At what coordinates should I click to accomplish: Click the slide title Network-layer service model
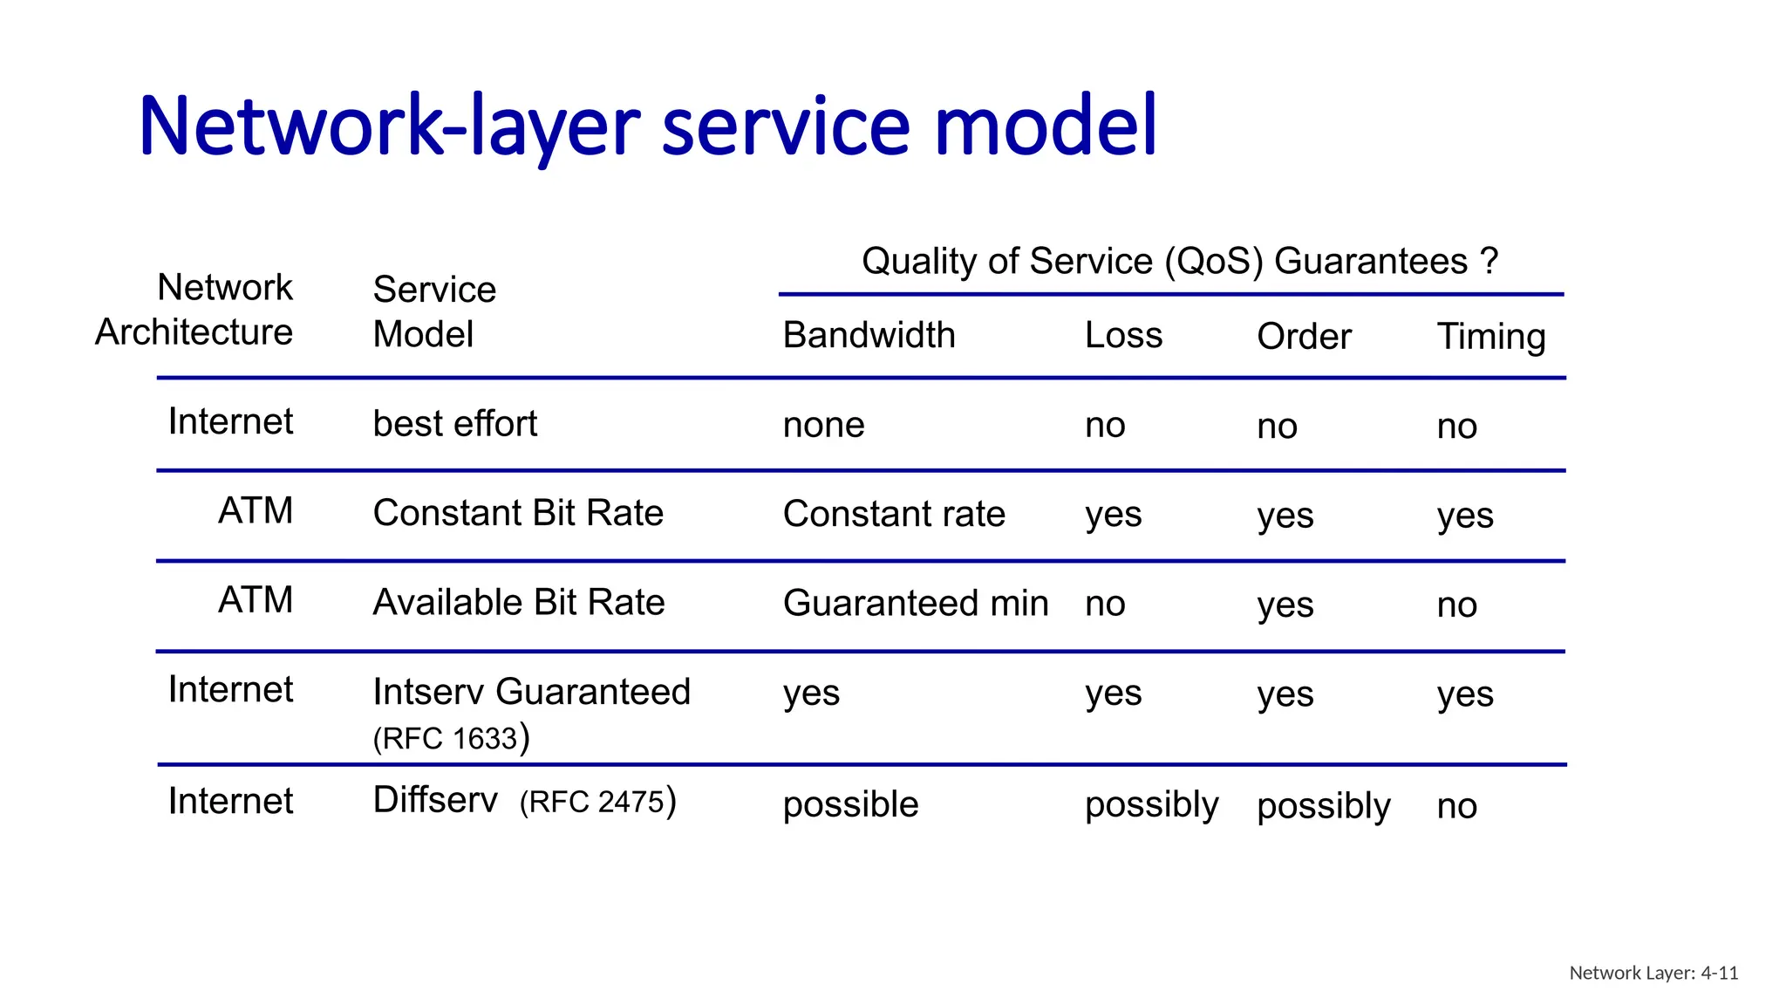647,126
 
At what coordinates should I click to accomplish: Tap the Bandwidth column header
869,336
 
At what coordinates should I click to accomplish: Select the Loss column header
1123,336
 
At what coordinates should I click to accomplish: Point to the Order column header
1304,337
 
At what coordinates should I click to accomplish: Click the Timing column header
1491,337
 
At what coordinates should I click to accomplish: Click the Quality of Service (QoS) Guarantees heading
1179,262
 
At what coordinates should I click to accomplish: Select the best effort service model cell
454,424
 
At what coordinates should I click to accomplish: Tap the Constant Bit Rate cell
518,513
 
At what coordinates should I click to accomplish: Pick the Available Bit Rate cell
519,603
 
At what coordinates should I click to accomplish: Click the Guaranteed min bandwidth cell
916,604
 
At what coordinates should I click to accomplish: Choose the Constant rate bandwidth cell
894,514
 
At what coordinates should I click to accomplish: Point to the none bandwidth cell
823,426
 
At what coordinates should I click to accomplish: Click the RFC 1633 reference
451,738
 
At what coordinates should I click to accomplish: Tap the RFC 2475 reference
597,802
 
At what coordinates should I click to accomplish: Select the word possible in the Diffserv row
850,804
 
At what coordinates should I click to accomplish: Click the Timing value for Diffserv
1456,806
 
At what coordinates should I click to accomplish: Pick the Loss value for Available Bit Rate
1105,604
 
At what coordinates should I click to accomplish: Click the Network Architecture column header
194,310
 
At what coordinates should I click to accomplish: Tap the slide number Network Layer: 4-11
1653,973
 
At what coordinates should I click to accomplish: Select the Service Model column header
433,311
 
